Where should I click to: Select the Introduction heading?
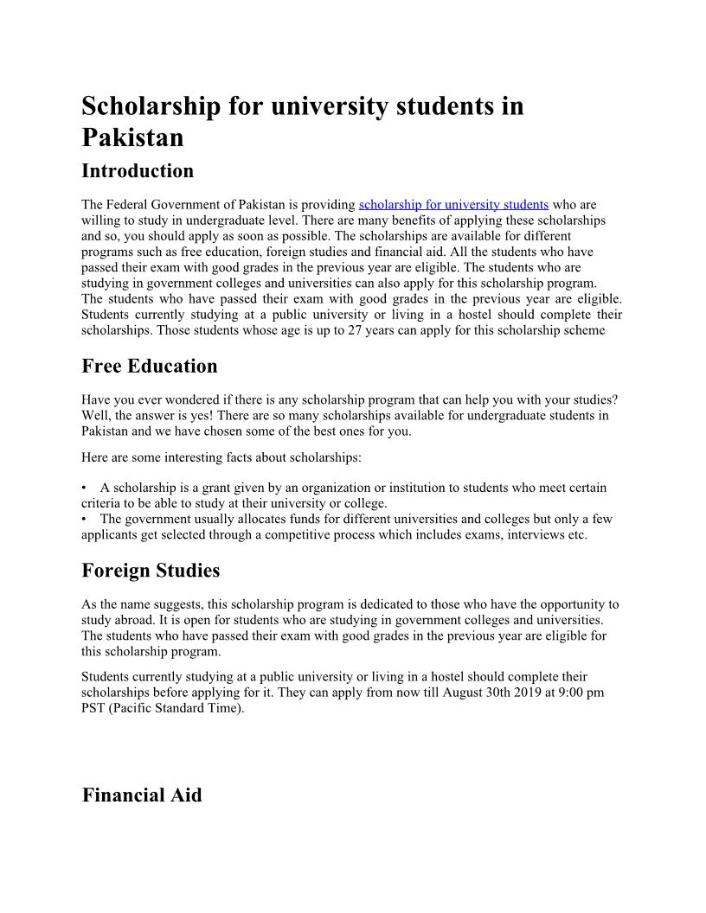tap(138, 170)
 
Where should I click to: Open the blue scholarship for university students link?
tap(453, 205)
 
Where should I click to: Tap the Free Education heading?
tap(150, 366)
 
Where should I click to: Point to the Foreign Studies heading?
tap(151, 571)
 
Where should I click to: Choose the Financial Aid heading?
tap(142, 795)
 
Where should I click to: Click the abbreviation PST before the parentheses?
tap(93, 708)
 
